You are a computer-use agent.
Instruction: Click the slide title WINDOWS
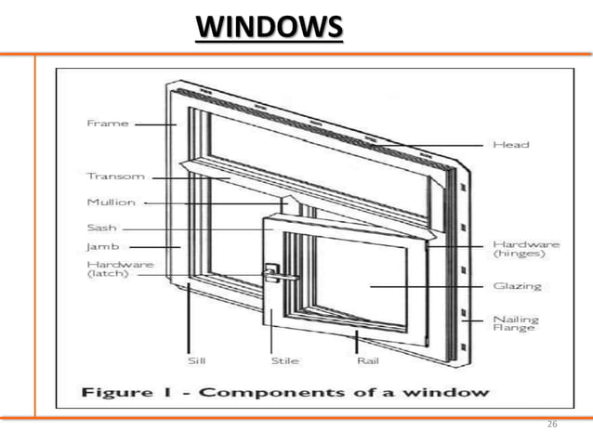[x=269, y=29]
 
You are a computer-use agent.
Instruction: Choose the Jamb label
[x=99, y=248]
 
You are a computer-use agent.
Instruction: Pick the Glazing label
[x=511, y=286]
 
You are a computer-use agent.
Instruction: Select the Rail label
[x=366, y=359]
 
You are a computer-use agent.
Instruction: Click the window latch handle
[x=279, y=274]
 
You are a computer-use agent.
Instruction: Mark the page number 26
[x=553, y=424]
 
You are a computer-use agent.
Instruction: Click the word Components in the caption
[x=266, y=392]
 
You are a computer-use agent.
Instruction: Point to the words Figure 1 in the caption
[x=127, y=391]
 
